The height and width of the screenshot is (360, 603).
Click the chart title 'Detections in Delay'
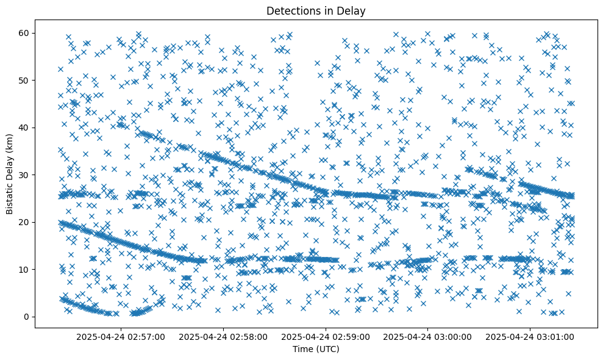pyautogui.click(x=316, y=10)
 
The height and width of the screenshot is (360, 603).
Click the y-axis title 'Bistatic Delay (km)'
pyautogui.click(x=10, y=173)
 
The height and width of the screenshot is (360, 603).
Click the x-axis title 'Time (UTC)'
pyautogui.click(x=316, y=349)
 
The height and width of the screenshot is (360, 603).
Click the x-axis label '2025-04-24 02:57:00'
pyautogui.click(x=121, y=336)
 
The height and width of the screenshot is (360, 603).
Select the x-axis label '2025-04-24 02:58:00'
pyautogui.click(x=223, y=336)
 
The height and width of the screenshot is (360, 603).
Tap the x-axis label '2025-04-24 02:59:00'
pyautogui.click(x=326, y=336)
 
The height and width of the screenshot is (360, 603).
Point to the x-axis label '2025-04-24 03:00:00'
pyautogui.click(x=428, y=336)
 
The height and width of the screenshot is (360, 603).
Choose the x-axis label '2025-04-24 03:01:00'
pyautogui.click(x=530, y=336)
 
